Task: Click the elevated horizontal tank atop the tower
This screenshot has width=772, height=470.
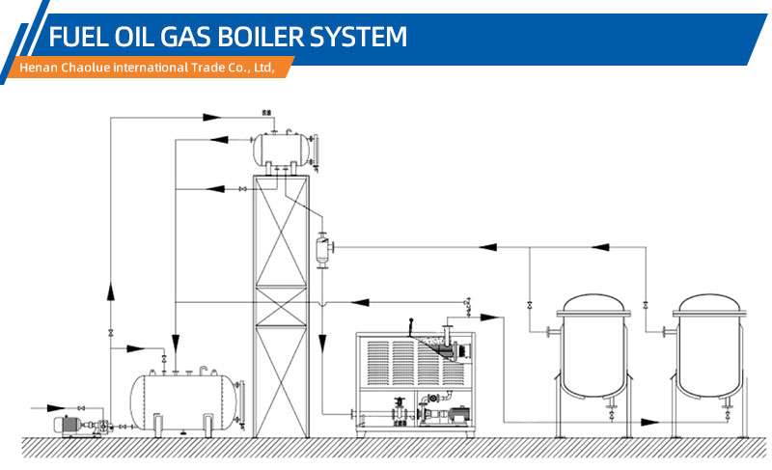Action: coord(282,150)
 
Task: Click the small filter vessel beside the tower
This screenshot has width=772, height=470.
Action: coord(323,250)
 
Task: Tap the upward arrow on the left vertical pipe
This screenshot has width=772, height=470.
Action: coord(110,290)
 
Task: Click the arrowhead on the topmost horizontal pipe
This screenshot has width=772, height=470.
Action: coord(212,117)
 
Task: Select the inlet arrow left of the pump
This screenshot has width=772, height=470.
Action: coord(56,408)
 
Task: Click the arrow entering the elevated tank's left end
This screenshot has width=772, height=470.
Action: coord(220,140)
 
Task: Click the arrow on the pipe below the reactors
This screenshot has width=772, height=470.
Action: coord(649,422)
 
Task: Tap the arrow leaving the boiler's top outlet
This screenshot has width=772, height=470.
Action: coord(490,318)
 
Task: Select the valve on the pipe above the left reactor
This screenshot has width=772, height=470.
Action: coord(530,305)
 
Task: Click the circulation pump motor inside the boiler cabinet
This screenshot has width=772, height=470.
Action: coord(460,414)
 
